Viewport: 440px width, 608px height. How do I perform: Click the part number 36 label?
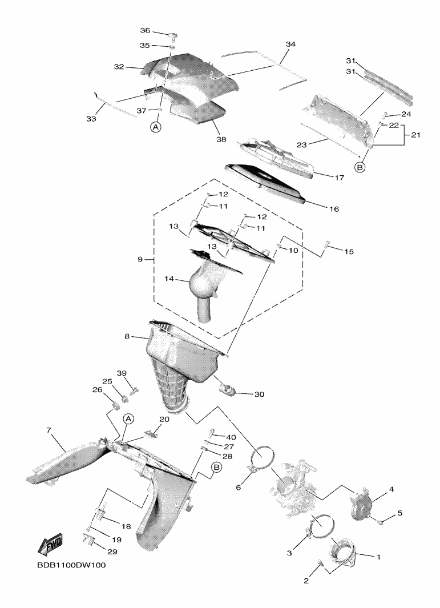coord(145,30)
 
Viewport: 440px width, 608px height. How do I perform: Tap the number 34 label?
coord(290,44)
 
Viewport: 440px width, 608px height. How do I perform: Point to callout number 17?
coord(339,178)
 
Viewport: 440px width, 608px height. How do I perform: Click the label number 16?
coord(334,209)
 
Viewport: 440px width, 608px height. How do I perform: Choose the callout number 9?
coord(140,259)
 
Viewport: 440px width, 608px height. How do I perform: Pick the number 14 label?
coord(168,280)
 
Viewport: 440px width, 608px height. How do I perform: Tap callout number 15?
coord(348,251)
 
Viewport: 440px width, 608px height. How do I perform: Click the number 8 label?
coord(127,337)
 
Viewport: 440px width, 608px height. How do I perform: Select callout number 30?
coord(259,394)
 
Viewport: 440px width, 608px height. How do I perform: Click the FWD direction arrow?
coord(50,544)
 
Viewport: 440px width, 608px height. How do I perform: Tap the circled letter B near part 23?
coord(360,167)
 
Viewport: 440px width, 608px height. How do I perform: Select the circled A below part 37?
coord(156,127)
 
